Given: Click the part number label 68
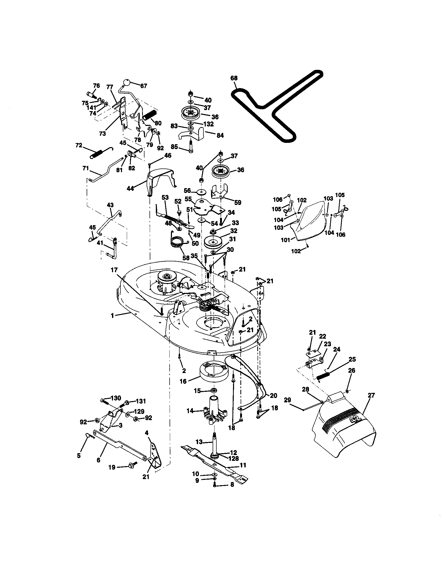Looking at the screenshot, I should tap(234, 78).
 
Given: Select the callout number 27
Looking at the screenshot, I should tap(371, 395).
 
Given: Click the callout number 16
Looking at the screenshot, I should tap(183, 381).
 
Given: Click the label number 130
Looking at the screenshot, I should tap(116, 398).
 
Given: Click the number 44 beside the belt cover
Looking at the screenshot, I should tap(130, 188).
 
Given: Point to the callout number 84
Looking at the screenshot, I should tap(220, 135).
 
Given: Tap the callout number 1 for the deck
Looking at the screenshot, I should tap(112, 316).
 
